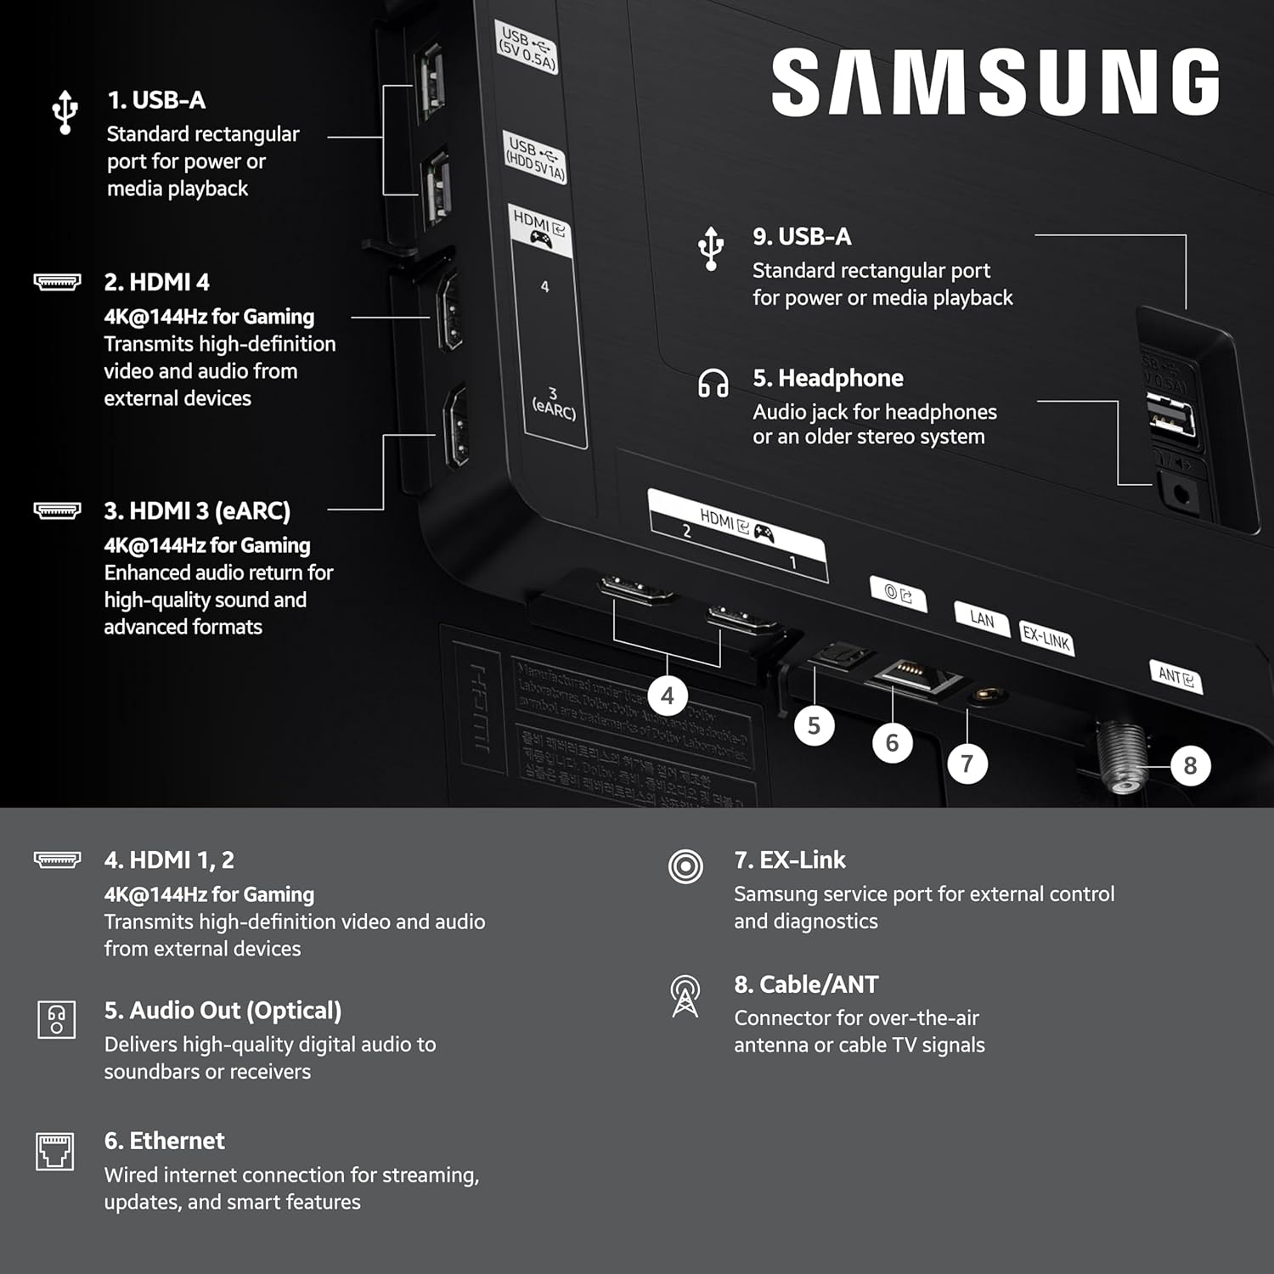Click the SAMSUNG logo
(995, 82)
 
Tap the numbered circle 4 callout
(668, 696)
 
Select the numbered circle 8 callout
(1190, 765)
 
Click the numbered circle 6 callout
(892, 743)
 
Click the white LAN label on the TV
(981, 619)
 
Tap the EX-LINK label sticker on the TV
(1046, 637)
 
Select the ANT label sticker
(1176, 677)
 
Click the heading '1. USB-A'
(156, 100)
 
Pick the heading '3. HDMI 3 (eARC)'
(197, 511)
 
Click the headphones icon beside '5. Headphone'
(713, 383)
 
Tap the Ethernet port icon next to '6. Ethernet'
(55, 1152)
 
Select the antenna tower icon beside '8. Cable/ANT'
(685, 995)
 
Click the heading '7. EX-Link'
(790, 860)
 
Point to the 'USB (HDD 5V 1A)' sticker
(534, 158)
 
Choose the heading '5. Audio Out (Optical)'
(223, 1011)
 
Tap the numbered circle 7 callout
(967, 764)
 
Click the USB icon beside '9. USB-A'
(711, 248)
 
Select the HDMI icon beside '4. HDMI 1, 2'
(57, 860)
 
